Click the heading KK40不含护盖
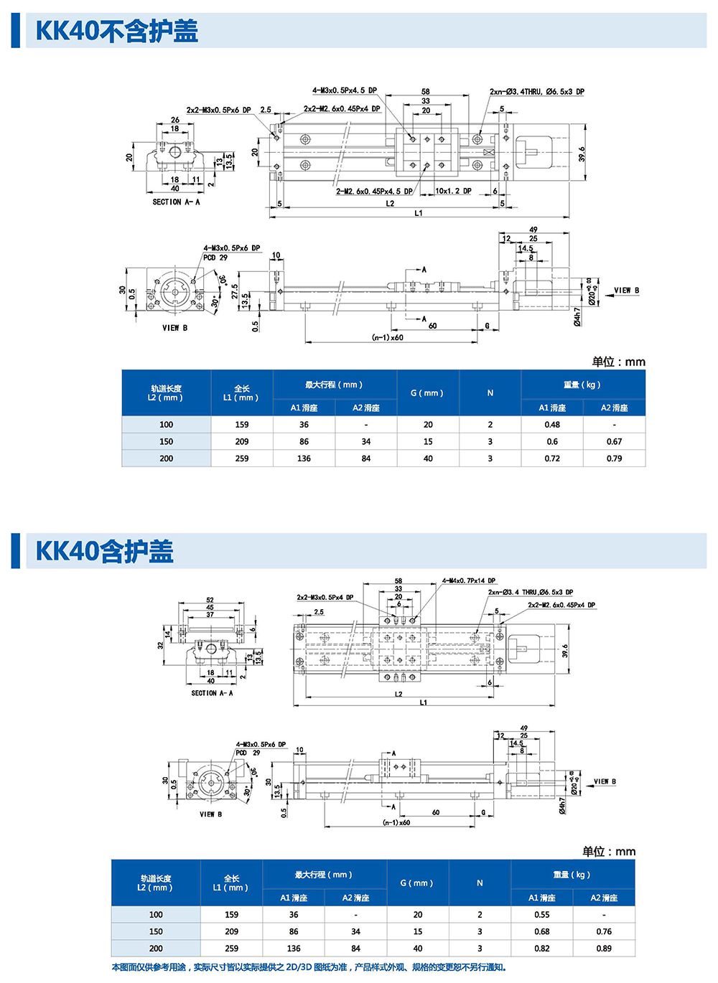tap(116, 31)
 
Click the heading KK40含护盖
tap(105, 551)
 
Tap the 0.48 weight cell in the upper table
tap(552, 425)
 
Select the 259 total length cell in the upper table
tap(242, 458)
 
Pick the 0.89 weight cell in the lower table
tap(604, 949)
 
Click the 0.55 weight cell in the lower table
tap(542, 915)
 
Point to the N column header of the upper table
tap(490, 393)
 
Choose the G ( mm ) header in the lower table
tap(417, 883)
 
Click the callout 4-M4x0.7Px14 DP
tap(468, 580)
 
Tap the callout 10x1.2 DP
tap(453, 192)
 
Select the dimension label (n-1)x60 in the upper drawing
tap(388, 337)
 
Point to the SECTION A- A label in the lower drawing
tap(212, 693)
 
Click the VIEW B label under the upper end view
tap(174, 328)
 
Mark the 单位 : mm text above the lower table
tap(609, 852)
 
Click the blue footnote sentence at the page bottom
tap(309, 967)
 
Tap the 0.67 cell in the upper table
tap(614, 442)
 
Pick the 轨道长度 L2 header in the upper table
tap(167, 393)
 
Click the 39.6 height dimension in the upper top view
tap(582, 154)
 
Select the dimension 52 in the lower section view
tap(210, 600)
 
